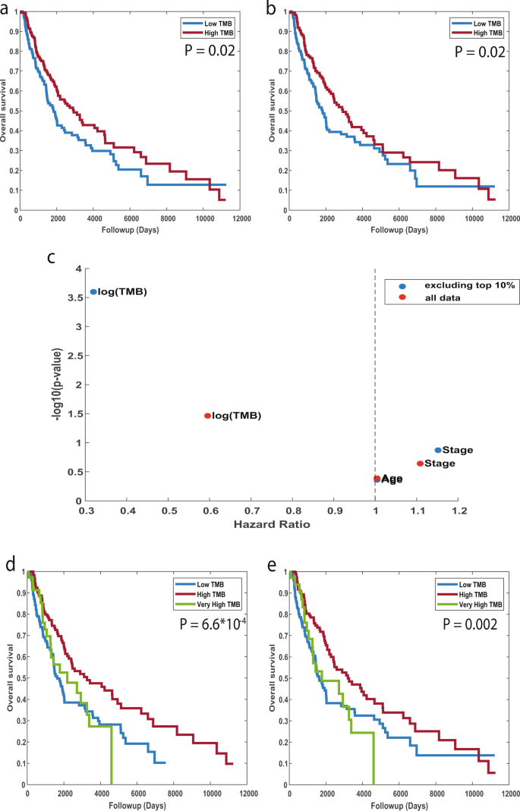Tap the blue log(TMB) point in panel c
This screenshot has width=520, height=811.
[x=93, y=291]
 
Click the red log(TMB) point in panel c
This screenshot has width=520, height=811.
[x=207, y=416]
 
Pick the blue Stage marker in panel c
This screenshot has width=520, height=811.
[x=438, y=450]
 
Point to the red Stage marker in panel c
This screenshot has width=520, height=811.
[x=420, y=463]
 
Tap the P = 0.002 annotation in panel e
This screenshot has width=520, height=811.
[x=470, y=627]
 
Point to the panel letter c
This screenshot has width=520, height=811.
[x=52, y=257]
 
